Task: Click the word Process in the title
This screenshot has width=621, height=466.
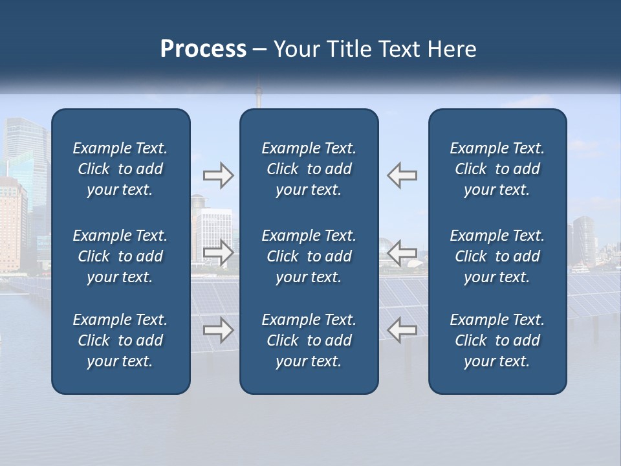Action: [x=203, y=49]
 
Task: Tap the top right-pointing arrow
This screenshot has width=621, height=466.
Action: [x=218, y=175]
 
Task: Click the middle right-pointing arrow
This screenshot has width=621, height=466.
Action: [x=218, y=252]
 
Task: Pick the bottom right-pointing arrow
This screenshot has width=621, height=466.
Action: [x=218, y=331]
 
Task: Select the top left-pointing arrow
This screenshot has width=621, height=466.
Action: [x=402, y=175]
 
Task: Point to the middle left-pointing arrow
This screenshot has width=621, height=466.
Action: [x=402, y=252]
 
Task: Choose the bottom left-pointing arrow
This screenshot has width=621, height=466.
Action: [x=402, y=331]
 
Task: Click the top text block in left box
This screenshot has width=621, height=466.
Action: [x=120, y=169]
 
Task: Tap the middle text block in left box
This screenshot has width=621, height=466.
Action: [x=120, y=256]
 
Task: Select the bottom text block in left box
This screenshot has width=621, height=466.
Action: [x=120, y=340]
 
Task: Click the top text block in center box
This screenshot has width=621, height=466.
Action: [x=309, y=169]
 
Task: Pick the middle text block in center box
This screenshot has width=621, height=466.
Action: [x=309, y=256]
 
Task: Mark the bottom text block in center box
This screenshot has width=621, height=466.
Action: [x=309, y=340]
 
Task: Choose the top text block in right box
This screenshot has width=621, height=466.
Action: [x=497, y=169]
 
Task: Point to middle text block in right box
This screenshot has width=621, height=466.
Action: [x=497, y=256]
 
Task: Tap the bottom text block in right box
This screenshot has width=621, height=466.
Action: [x=497, y=340]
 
